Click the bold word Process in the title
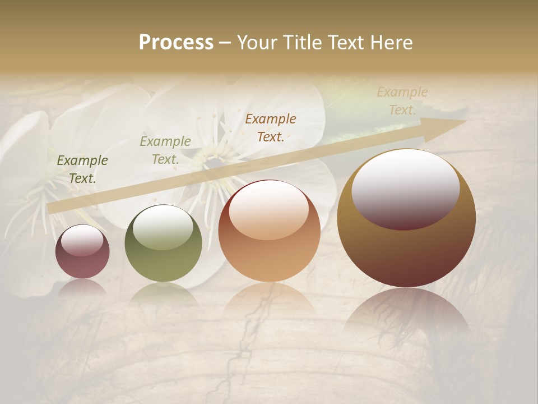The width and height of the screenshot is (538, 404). pos(176,43)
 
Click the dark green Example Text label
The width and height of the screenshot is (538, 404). pos(82,169)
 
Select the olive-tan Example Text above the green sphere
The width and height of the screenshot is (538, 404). pos(165,150)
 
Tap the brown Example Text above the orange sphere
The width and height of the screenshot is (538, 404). pos(271,128)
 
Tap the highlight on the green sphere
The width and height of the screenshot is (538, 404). pos(163,227)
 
